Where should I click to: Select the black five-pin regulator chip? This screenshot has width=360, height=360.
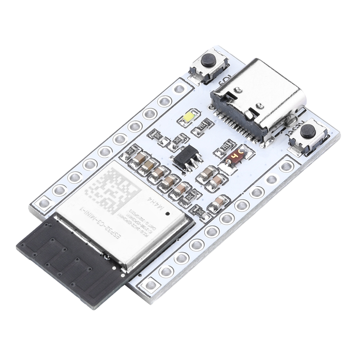[186, 157]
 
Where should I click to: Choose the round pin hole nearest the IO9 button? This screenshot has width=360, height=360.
[179, 88]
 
